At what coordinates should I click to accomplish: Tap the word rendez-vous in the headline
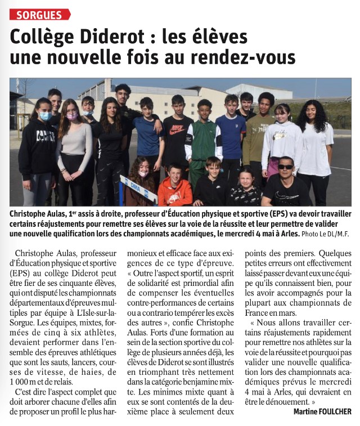[x=248, y=57]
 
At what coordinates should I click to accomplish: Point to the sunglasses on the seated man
[x=285, y=167]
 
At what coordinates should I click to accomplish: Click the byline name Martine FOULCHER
[x=322, y=412]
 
